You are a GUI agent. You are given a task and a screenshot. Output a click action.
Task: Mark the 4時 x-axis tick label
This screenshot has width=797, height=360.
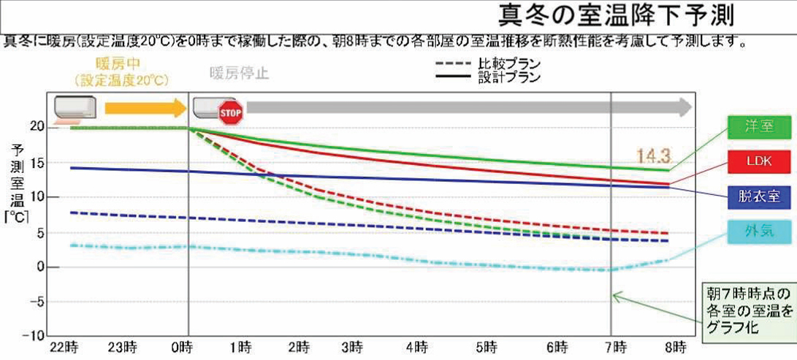pyautogui.click(x=417, y=345)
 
